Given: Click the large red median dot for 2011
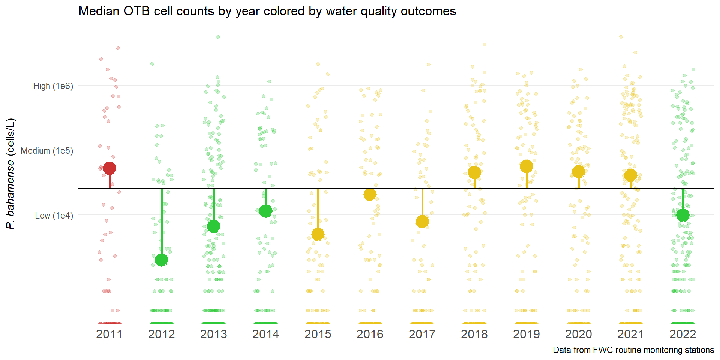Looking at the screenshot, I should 109,168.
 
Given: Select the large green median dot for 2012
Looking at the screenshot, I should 162,259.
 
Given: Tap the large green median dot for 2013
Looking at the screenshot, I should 214,226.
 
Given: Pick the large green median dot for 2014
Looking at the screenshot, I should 266,211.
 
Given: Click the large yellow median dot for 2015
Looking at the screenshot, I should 318,234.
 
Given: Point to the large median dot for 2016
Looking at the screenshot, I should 370,195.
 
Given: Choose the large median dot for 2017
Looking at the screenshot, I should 422,221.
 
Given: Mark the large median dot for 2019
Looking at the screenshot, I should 526,166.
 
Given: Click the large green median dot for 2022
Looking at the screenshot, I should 683,215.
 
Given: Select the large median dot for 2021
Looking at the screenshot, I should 631,175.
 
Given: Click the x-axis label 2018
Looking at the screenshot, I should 474,334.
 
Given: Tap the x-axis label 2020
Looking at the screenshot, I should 579,334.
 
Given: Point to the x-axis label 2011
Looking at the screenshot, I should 109,334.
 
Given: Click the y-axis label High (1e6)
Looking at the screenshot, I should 53,86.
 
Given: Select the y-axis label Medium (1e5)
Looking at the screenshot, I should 47,151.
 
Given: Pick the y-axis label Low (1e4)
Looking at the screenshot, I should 54,216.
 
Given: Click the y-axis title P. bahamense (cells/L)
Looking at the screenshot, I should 10,174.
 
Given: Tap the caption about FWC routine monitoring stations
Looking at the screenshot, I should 633,350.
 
